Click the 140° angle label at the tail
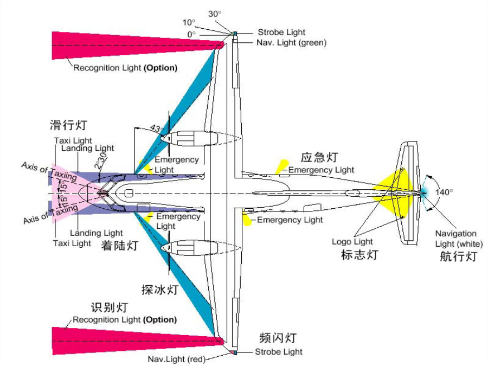click(x=444, y=192)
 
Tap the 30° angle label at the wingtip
click(x=215, y=14)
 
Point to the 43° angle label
click(x=156, y=128)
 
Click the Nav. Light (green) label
click(x=291, y=43)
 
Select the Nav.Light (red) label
click(x=177, y=359)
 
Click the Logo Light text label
click(x=352, y=241)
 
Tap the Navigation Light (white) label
click(x=459, y=239)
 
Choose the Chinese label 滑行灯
click(x=68, y=125)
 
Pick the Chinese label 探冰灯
click(x=160, y=290)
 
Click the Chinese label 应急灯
click(x=319, y=157)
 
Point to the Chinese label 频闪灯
click(x=278, y=338)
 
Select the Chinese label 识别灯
click(x=110, y=307)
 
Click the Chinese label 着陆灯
click(x=120, y=246)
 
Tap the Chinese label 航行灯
click(x=458, y=256)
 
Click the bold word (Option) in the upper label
click(x=160, y=68)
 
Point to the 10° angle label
click(x=189, y=22)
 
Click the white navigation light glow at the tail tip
click(x=424, y=193)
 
